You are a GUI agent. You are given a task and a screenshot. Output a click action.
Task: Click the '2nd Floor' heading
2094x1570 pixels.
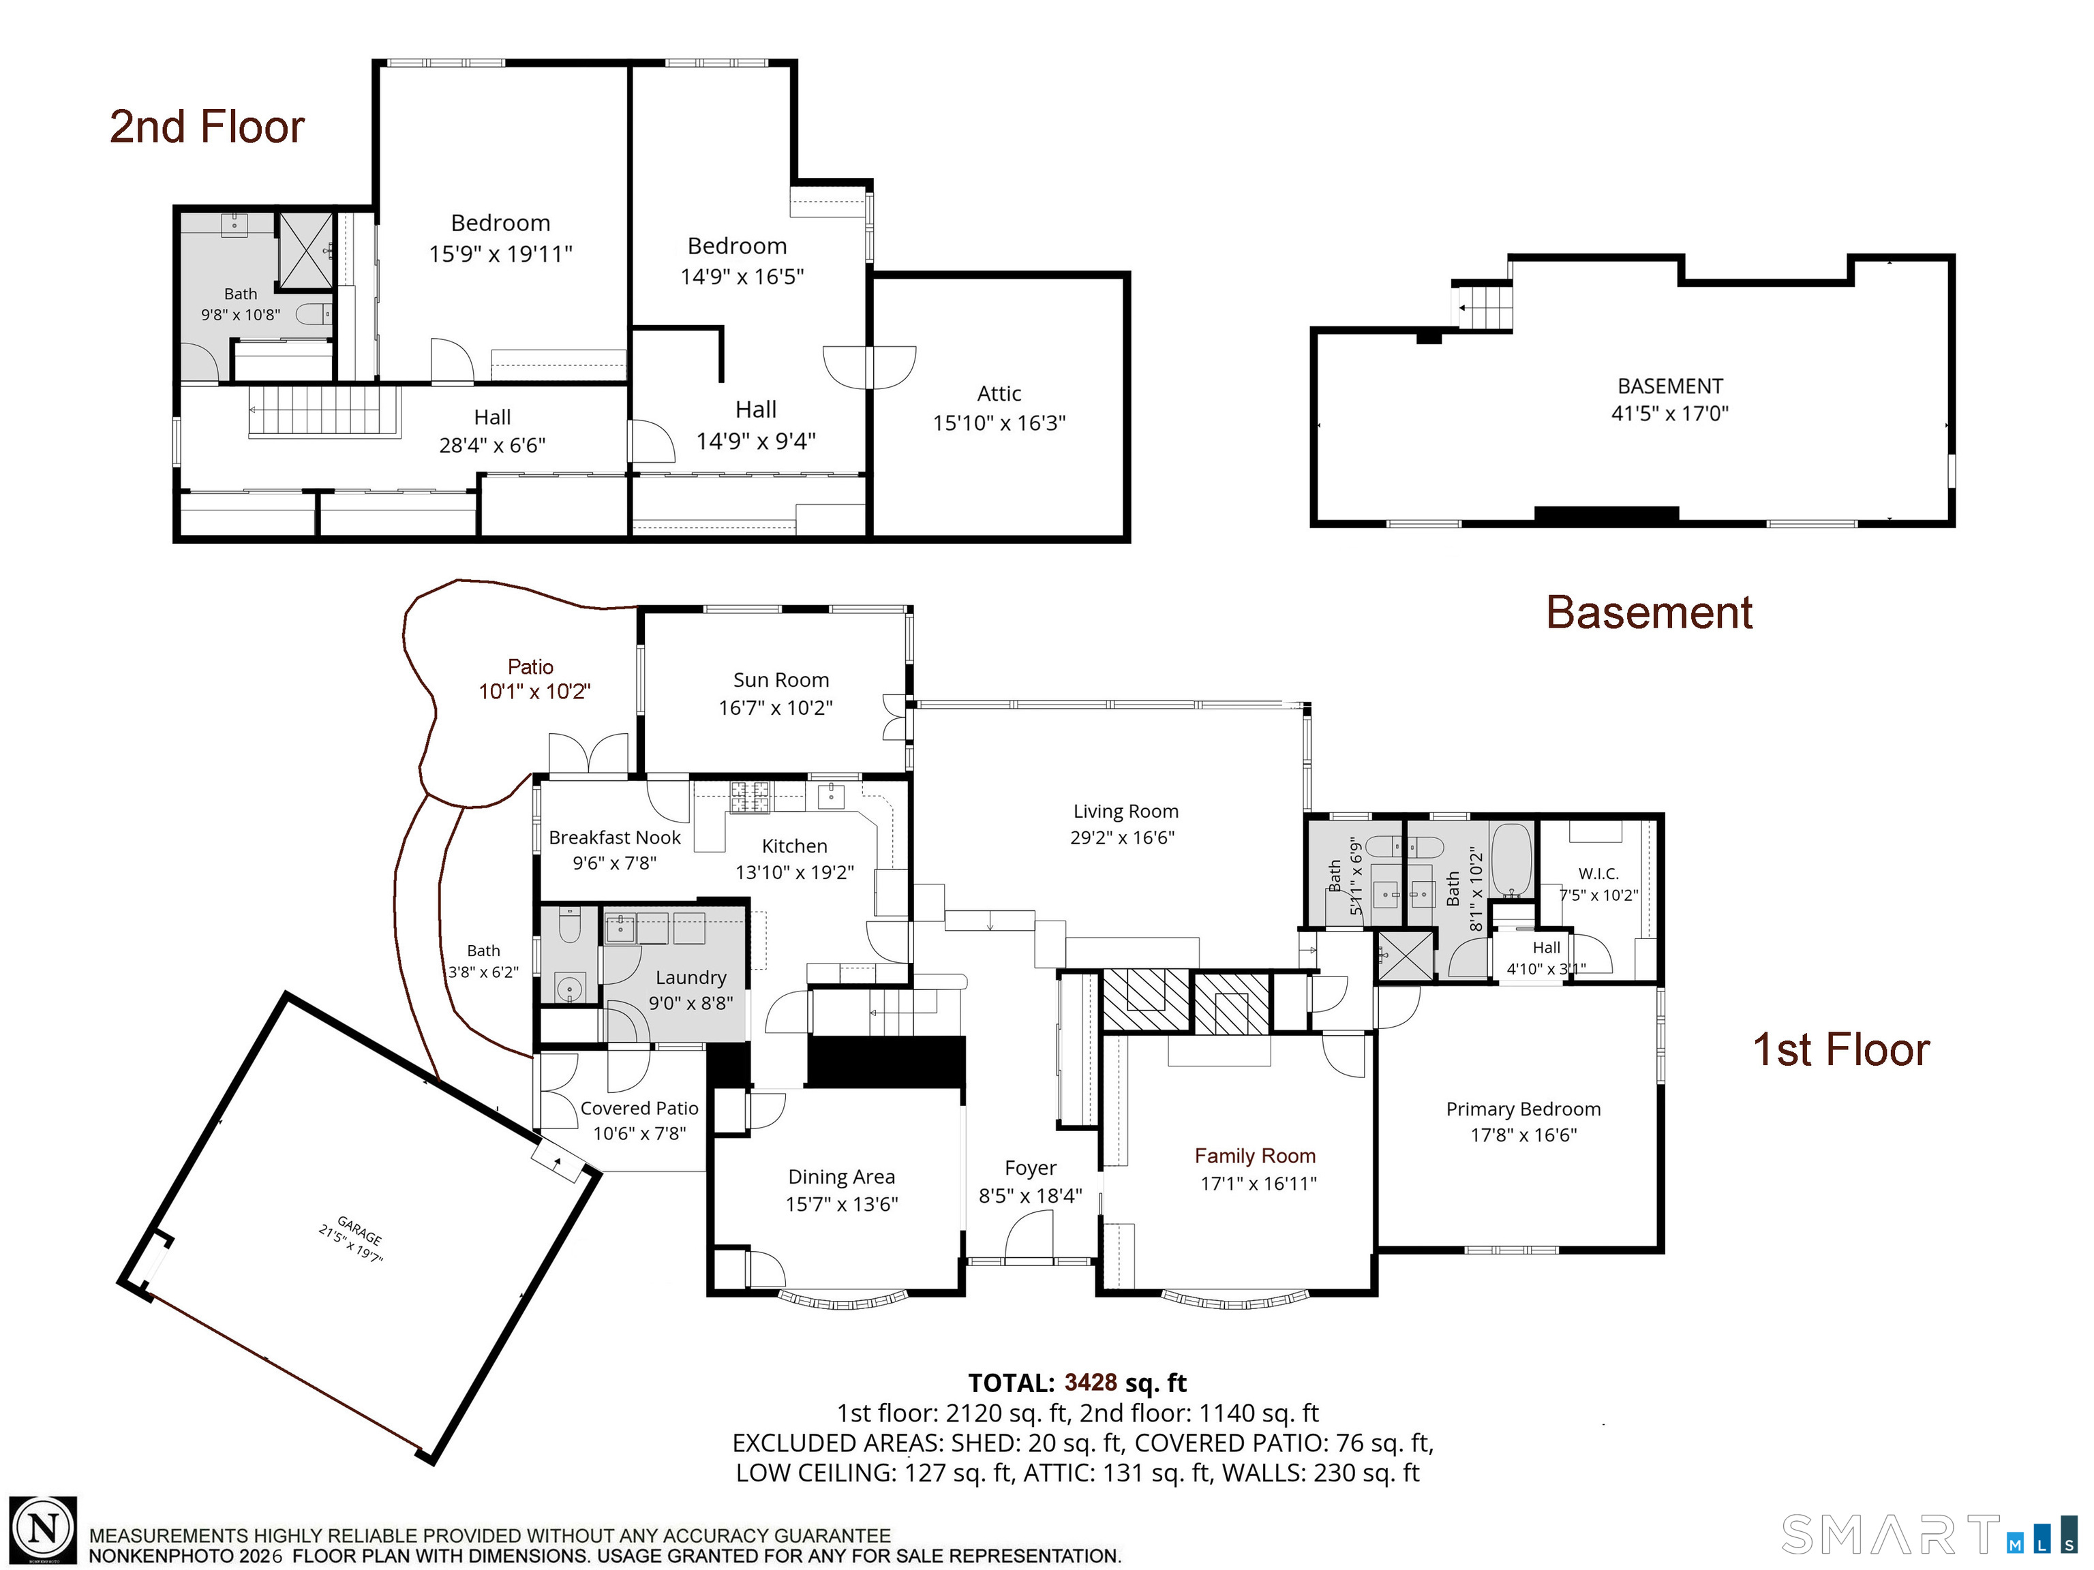coord(207,127)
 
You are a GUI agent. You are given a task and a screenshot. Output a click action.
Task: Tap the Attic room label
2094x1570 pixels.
coord(999,394)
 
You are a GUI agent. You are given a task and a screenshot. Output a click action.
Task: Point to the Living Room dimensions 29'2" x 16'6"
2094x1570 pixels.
coord(1122,837)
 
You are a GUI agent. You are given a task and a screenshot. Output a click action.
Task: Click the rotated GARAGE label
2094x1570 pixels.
coord(360,1231)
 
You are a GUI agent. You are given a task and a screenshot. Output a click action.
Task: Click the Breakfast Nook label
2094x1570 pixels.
coord(614,837)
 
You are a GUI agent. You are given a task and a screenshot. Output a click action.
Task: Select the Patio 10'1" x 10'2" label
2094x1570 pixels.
coord(532,679)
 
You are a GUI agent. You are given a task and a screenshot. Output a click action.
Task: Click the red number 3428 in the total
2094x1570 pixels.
coord(1091,1383)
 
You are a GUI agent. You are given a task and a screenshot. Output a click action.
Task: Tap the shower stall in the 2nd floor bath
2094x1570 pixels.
coord(305,250)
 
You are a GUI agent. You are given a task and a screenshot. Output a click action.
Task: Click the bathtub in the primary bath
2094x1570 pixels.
coord(1511,860)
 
